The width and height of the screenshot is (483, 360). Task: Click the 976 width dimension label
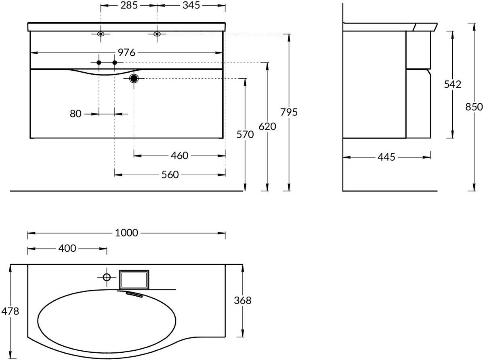click(x=126, y=52)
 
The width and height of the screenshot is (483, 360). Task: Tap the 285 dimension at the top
click(x=129, y=5)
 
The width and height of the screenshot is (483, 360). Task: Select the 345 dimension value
click(x=191, y=5)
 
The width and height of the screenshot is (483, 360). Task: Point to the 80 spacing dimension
click(x=76, y=114)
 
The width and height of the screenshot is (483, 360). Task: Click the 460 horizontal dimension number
click(x=179, y=156)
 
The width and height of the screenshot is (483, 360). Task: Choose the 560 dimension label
click(x=170, y=175)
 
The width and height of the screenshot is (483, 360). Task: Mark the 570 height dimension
click(x=245, y=134)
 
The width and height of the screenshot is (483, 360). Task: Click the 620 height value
click(x=267, y=126)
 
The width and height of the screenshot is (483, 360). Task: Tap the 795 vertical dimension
click(x=289, y=112)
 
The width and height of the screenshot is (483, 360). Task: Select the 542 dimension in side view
click(x=452, y=84)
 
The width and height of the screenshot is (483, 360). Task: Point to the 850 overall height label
click(x=474, y=107)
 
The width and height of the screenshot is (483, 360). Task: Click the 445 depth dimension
click(x=386, y=157)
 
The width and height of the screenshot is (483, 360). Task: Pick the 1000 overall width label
click(x=126, y=233)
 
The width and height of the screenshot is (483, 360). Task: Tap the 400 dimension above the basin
click(x=67, y=248)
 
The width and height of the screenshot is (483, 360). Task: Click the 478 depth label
click(x=10, y=311)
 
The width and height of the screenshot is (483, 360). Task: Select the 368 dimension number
click(x=243, y=300)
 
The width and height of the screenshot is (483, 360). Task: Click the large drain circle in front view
click(x=134, y=79)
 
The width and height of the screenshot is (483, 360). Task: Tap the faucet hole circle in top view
click(x=107, y=277)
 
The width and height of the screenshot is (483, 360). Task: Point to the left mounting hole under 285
click(x=101, y=34)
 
